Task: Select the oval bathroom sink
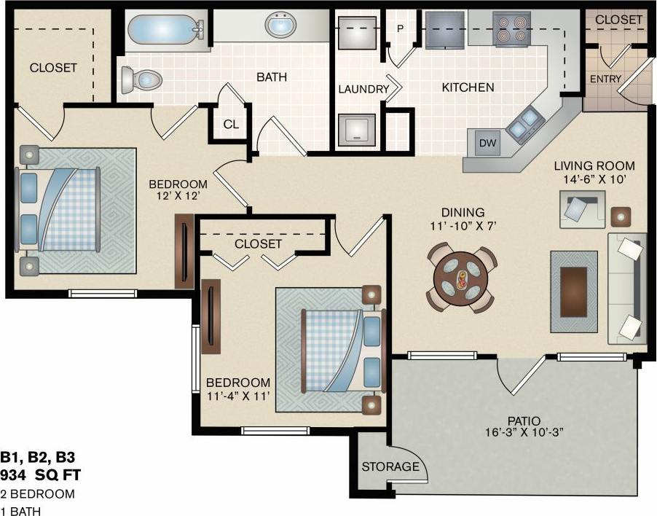tap(280, 27)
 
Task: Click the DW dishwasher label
tap(487, 144)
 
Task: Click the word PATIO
tap(524, 421)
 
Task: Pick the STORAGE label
tap(390, 466)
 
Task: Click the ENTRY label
tap(605, 79)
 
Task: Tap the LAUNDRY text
tap(363, 89)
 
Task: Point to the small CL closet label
tap(231, 124)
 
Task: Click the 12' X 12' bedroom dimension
tap(178, 196)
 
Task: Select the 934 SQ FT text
tap(40, 476)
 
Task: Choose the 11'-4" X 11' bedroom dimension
tap(238, 396)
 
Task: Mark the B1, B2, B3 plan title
tap(38, 458)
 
